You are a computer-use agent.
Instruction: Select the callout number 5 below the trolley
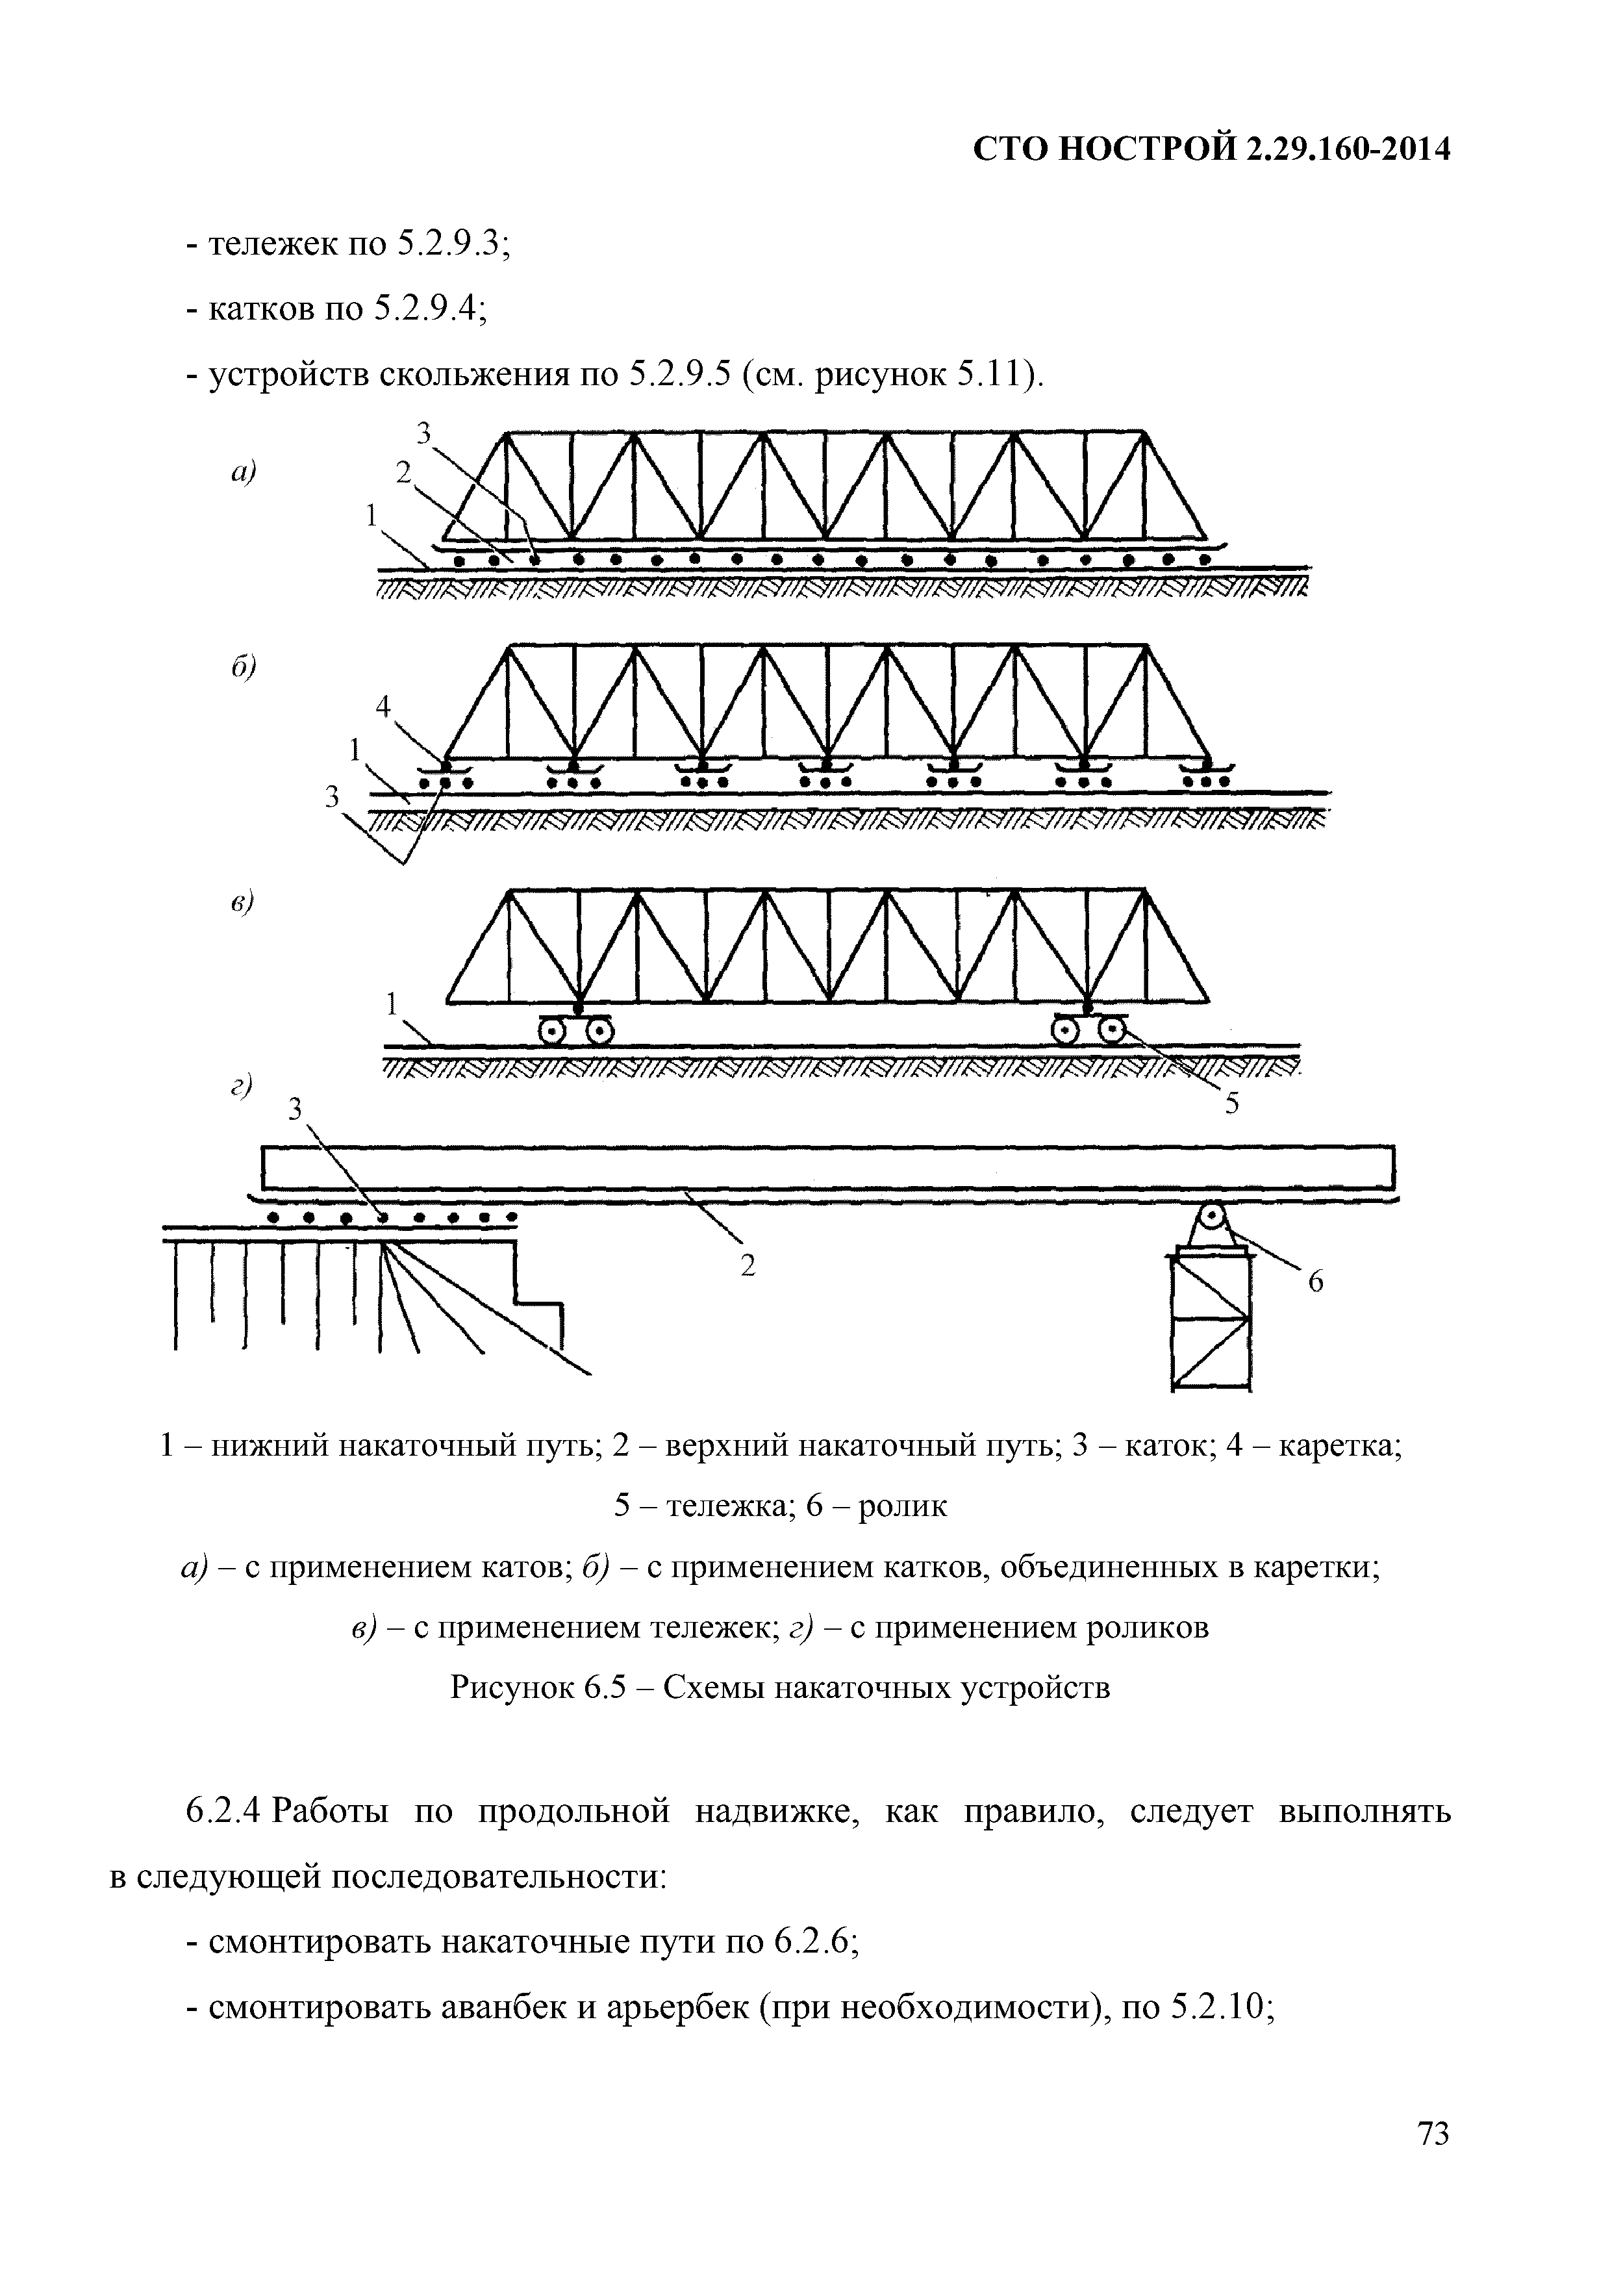coord(1231,1104)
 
